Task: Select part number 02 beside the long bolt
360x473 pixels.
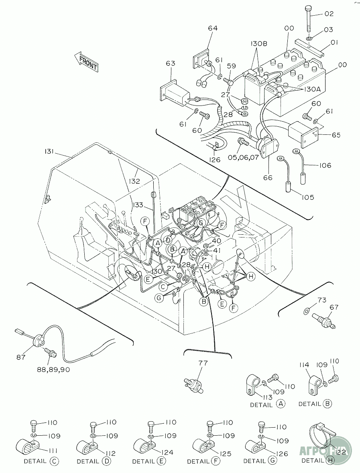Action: [x=329, y=14]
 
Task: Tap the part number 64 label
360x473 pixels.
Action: [x=213, y=28]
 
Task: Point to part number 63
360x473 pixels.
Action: [x=171, y=63]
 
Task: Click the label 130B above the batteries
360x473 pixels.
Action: [x=259, y=43]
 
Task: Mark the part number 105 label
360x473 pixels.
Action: [x=306, y=197]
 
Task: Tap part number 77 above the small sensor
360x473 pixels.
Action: [x=203, y=363]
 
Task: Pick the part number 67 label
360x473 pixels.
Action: [x=334, y=308]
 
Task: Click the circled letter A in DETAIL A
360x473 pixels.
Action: [x=281, y=404]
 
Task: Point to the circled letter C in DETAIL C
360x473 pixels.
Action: [x=54, y=461]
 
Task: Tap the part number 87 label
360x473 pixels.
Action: [x=21, y=357]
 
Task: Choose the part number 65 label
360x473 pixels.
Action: [x=336, y=135]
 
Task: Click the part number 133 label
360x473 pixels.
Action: [x=138, y=205]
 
